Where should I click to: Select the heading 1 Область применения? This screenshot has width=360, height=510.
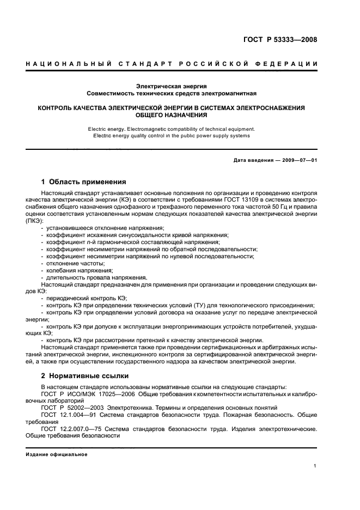(84, 182)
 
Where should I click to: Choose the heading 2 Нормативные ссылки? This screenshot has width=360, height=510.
(82, 377)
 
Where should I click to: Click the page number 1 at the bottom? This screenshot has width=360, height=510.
(315, 465)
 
